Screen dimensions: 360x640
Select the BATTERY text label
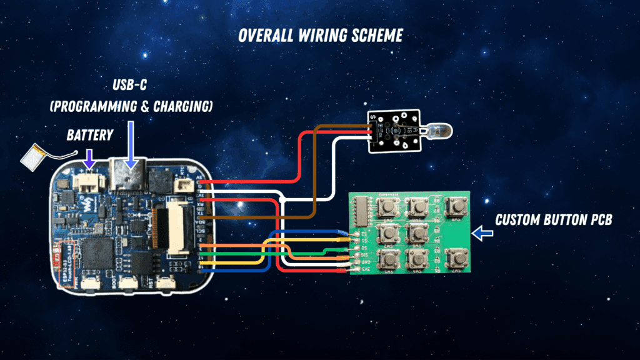point(91,134)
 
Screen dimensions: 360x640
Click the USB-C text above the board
point(130,84)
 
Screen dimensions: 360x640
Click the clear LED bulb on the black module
point(437,130)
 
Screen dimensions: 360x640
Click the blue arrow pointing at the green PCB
point(482,234)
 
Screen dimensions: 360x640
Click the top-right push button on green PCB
point(457,204)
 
